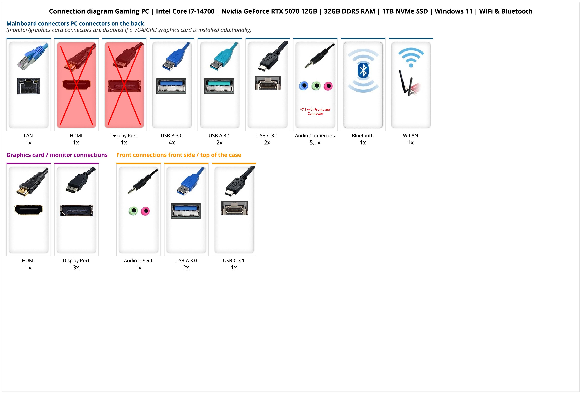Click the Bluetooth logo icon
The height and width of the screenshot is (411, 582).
coord(363,71)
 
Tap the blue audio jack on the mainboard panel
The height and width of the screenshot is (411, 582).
coord(304,86)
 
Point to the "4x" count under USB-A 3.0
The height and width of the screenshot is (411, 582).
coord(172,143)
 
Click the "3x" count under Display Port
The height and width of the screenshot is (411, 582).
coord(76,268)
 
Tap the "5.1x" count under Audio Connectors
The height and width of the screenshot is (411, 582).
coord(315,143)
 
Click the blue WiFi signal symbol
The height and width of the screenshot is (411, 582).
coord(411,58)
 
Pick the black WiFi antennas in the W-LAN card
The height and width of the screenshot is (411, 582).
coord(404,82)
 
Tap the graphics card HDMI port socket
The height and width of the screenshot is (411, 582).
coord(29,210)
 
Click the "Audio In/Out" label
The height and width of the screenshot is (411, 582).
coord(138,261)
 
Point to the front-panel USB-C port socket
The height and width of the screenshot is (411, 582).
coord(234,208)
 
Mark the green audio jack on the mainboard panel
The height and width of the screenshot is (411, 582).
coord(316,86)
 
